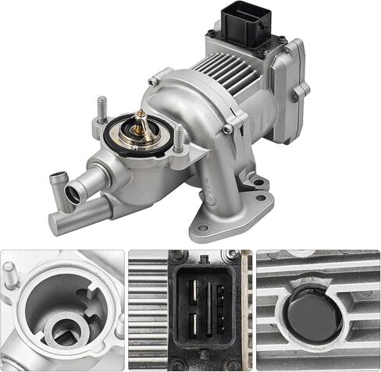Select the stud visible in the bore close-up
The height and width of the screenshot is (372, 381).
coord(9,275)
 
